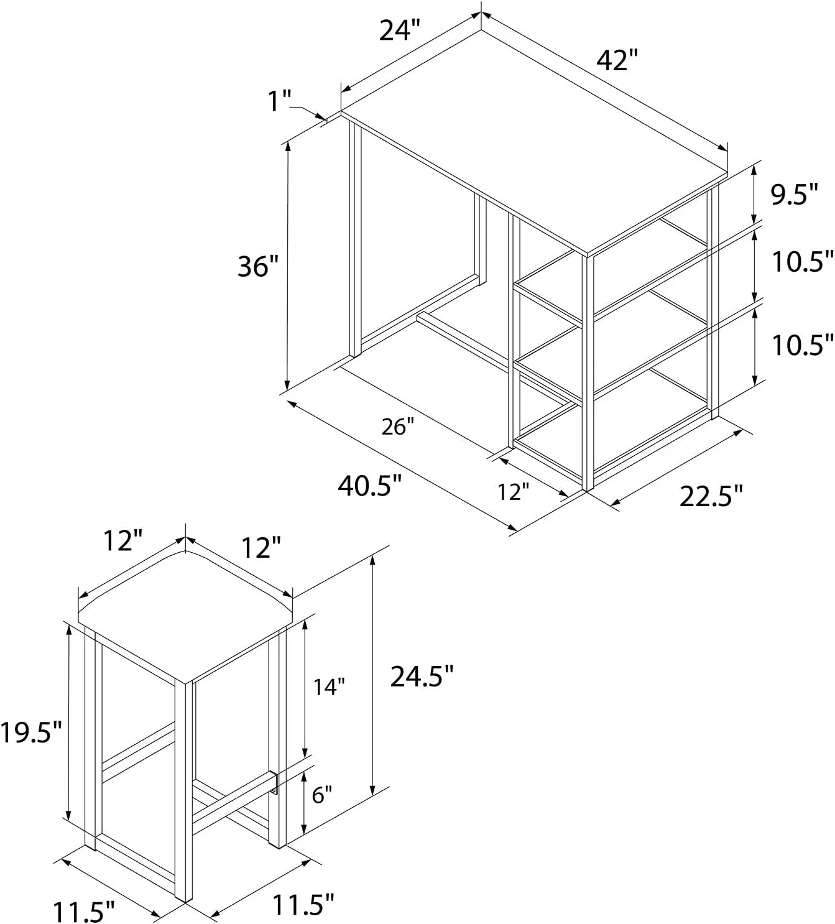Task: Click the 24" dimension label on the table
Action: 399,31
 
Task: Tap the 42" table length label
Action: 617,60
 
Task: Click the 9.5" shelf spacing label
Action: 795,194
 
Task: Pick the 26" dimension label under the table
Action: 398,427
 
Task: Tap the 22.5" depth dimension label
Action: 711,496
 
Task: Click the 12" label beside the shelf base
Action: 514,492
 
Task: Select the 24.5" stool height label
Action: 422,677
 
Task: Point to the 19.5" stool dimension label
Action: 31,732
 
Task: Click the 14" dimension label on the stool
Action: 329,687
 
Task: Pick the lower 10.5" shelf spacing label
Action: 803,345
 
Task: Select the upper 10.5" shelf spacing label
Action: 803,262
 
